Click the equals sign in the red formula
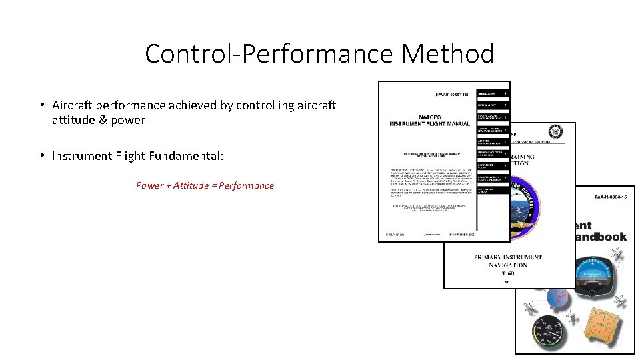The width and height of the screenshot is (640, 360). coord(214,185)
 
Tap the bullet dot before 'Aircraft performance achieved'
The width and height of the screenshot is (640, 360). coord(42,105)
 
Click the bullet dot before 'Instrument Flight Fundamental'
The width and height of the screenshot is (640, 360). coord(42,156)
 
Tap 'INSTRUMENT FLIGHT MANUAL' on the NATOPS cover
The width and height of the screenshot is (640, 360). coord(429,123)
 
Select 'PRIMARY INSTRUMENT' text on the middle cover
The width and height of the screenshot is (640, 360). coord(508,257)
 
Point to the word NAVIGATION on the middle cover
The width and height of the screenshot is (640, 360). coord(509,265)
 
